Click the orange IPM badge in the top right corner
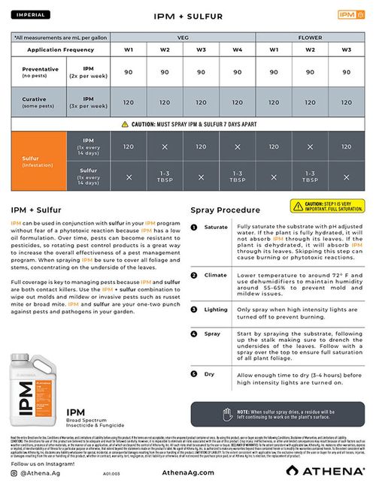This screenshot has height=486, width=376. click(346, 14)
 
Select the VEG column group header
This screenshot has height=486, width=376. click(182, 36)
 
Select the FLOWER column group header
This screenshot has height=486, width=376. click(311, 36)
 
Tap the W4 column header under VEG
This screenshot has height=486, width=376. click(238, 50)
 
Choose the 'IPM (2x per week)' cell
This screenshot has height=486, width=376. click(88, 72)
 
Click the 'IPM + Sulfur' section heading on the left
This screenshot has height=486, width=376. click(36, 210)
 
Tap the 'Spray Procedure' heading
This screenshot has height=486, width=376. click(226, 210)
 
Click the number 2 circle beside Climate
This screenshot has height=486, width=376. click(194, 276)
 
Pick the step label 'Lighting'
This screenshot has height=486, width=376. click(216, 309)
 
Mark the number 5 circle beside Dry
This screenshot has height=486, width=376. click(194, 373)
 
